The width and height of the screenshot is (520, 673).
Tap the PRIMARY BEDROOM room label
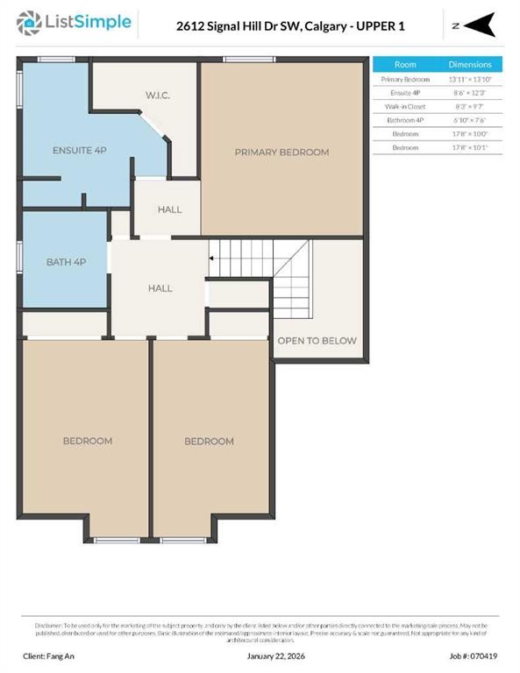click(x=281, y=152)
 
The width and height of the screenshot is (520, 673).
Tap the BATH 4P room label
click(x=66, y=262)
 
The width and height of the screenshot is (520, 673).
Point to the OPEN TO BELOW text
click(x=317, y=341)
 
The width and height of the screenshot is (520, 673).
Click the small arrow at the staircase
click(x=210, y=259)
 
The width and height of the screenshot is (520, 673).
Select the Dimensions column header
click(x=470, y=65)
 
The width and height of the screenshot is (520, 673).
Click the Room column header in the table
click(x=405, y=65)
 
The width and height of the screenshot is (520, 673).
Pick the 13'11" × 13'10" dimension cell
click(x=470, y=79)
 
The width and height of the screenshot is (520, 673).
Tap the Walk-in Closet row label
click(x=405, y=106)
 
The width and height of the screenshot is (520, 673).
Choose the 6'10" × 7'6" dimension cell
click(x=470, y=120)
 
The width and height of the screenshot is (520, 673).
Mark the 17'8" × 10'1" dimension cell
click(x=470, y=147)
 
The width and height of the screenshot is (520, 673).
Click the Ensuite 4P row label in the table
click(x=405, y=93)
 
